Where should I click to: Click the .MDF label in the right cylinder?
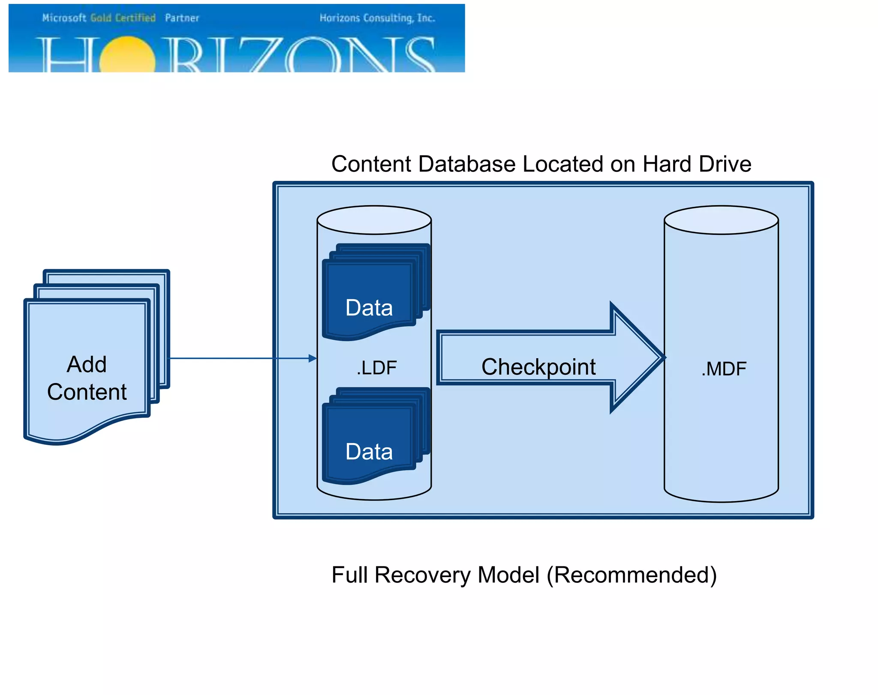pos(724,369)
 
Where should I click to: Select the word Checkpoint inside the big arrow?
pos(538,367)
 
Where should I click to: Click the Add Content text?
pos(87,378)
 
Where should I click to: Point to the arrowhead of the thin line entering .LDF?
pos(313,358)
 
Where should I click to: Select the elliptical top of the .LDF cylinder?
pos(374,220)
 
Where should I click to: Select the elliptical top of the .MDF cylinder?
pos(721,220)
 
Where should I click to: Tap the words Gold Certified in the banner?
pos(123,18)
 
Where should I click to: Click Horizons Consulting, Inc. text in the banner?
pos(377,18)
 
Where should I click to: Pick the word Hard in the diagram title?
pos(667,164)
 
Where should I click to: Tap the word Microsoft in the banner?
pos(64,18)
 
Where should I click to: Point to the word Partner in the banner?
pos(182,18)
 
